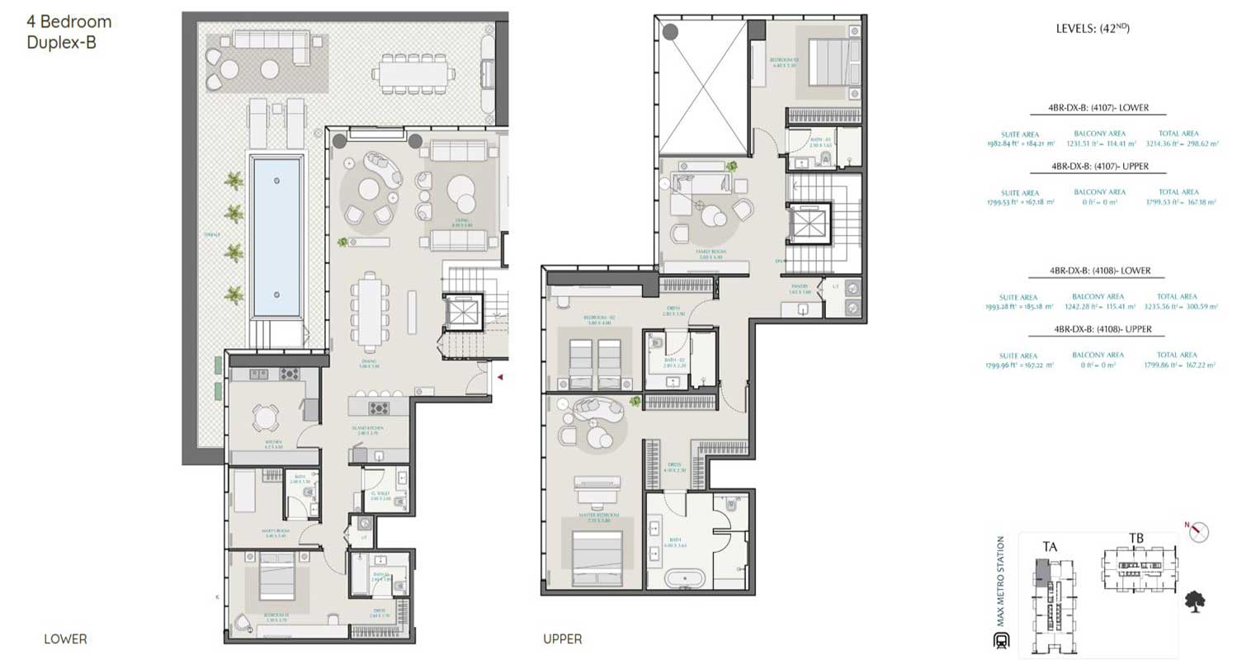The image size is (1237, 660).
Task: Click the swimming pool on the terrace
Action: [277, 238]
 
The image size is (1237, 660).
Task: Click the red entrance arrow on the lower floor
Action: [499, 377]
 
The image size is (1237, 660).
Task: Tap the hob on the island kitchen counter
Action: [379, 408]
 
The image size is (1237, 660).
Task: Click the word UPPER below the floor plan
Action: [562, 639]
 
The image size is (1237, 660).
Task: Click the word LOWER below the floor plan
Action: [65, 639]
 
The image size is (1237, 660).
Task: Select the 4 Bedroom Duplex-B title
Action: [69, 32]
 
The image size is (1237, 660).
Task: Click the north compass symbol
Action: [1200, 532]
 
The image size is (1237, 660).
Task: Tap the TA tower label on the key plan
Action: [1051, 544]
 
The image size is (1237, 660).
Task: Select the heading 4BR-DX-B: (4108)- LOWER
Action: [1100, 271]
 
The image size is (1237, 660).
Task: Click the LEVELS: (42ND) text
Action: [1092, 29]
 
